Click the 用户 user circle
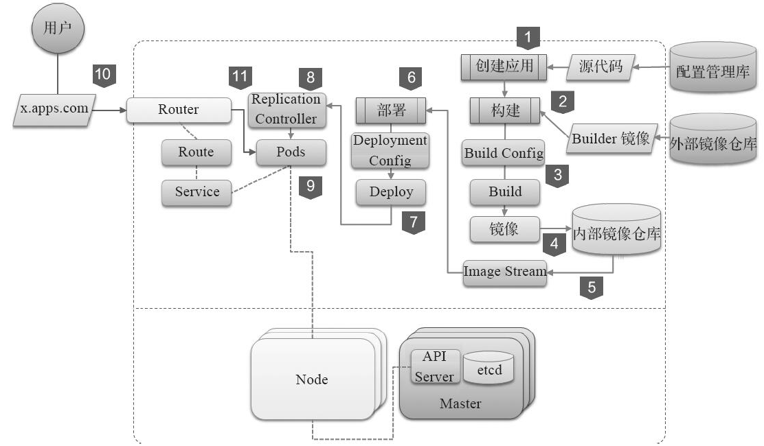(x=58, y=29)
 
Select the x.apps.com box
(x=55, y=110)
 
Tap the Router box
(x=179, y=110)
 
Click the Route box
(x=196, y=152)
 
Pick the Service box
(x=196, y=192)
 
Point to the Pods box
(x=291, y=152)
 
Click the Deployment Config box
(x=390, y=150)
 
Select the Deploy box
(x=391, y=192)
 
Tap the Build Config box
(x=504, y=153)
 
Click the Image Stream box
(x=505, y=271)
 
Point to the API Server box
(x=434, y=366)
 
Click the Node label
(x=312, y=379)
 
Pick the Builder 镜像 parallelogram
(x=609, y=139)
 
